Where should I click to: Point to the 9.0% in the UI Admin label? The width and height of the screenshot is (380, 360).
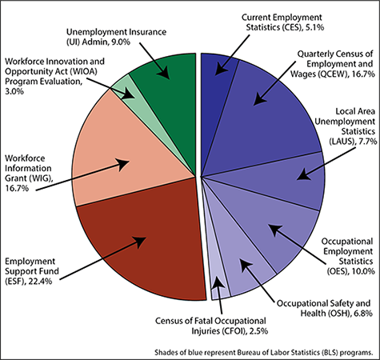click(x=121, y=42)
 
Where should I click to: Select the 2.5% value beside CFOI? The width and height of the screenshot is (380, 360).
click(x=258, y=331)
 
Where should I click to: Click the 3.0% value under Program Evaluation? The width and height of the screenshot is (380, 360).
click(x=14, y=91)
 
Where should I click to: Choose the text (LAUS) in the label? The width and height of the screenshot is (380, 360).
click(x=342, y=141)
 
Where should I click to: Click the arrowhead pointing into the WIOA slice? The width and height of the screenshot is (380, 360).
click(x=130, y=94)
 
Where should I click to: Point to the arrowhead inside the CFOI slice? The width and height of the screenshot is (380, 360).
click(x=218, y=282)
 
